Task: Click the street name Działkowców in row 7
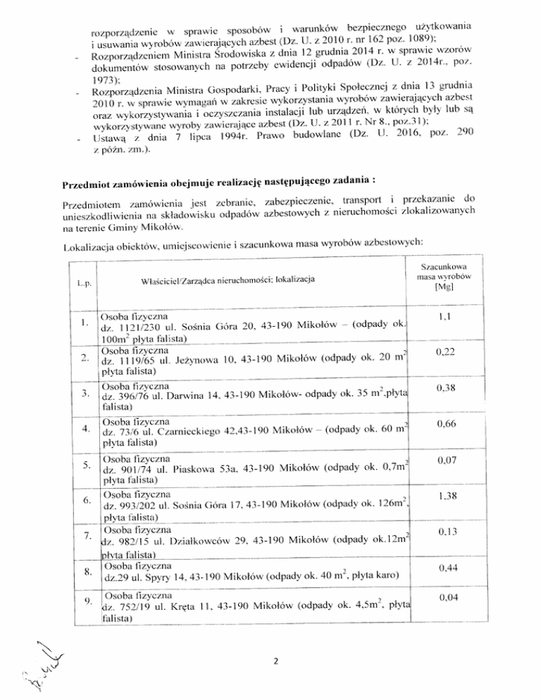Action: (x=204, y=542)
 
